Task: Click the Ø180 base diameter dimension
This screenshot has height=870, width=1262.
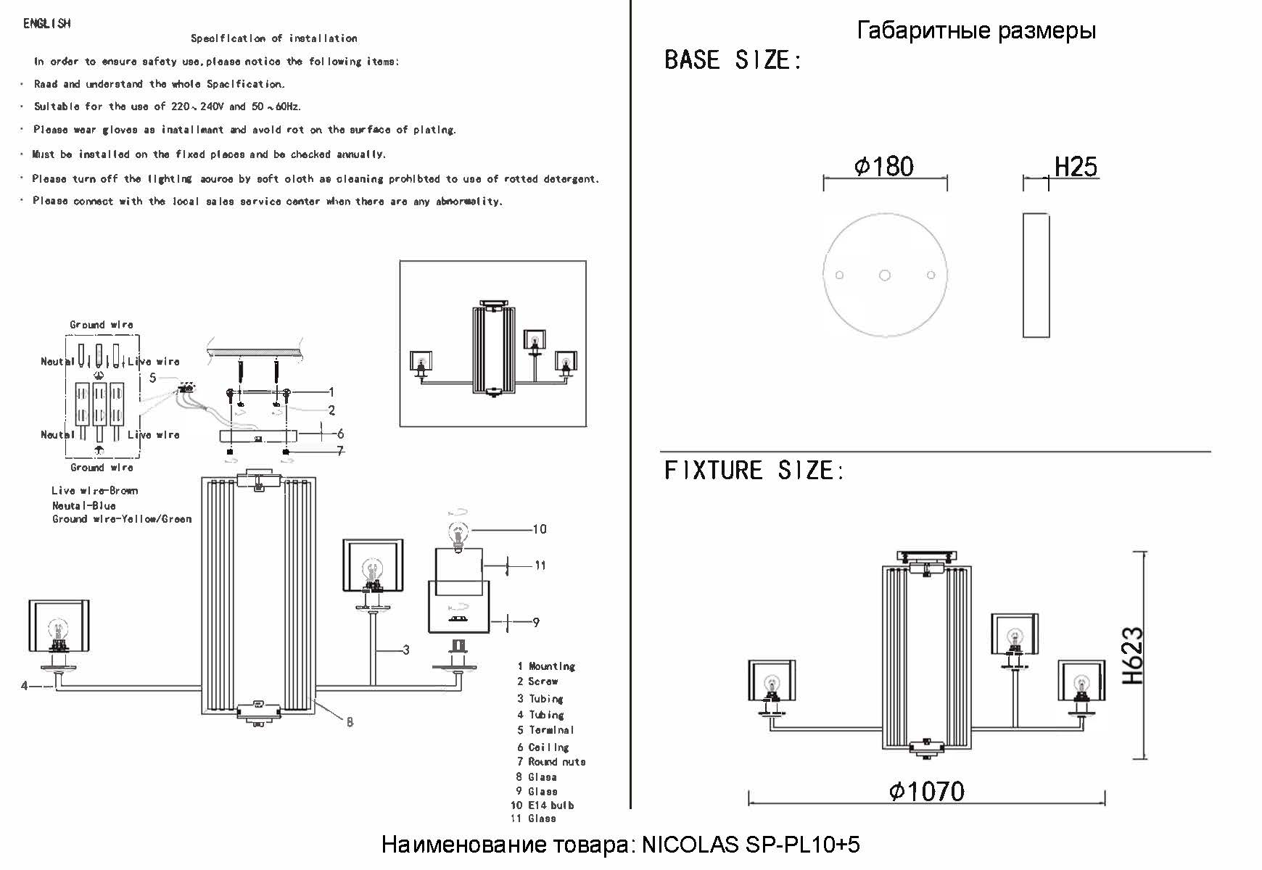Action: (x=884, y=167)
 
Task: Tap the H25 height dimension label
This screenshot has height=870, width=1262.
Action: (x=1075, y=167)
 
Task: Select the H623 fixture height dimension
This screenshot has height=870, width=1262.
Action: (x=1133, y=656)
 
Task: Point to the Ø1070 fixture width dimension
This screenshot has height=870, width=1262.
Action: (x=926, y=791)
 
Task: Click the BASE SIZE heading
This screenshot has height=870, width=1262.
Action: (x=733, y=60)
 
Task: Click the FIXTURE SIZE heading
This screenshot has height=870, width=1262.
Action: (x=754, y=471)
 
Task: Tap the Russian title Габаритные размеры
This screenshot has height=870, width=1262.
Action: (x=976, y=30)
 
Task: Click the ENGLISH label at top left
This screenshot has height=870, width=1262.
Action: (x=47, y=24)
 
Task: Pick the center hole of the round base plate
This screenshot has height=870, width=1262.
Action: (x=885, y=275)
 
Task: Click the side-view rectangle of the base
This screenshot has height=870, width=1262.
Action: (x=1036, y=275)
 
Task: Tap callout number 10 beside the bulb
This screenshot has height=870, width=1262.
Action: (x=540, y=529)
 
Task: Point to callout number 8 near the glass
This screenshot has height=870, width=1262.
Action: (x=350, y=722)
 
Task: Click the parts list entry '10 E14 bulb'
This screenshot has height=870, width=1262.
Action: (x=543, y=805)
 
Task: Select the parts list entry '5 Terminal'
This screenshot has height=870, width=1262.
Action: (x=545, y=730)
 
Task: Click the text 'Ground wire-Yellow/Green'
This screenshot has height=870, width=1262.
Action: (x=122, y=519)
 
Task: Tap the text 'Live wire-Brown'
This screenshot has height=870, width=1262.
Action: (x=94, y=491)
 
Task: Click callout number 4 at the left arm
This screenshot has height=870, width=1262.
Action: (x=24, y=685)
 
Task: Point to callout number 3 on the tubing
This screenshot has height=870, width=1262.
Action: (x=406, y=650)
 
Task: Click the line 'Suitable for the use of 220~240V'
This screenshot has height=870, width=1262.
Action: (x=167, y=107)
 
